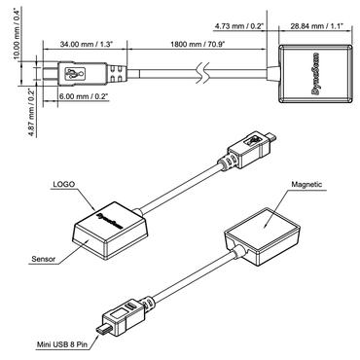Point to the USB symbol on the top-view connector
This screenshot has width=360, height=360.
tap(76, 72)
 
